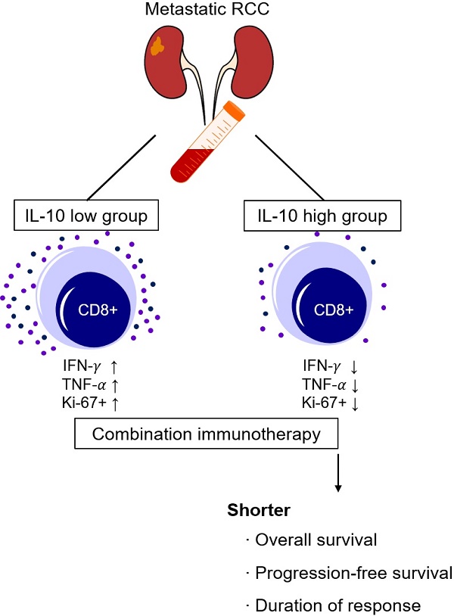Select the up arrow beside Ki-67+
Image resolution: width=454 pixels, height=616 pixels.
pos(115,403)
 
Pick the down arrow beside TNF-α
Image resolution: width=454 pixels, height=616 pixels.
pos(354,384)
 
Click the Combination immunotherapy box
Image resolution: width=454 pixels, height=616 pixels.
pos(205,434)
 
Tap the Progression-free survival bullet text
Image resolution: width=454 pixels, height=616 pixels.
pos(353,573)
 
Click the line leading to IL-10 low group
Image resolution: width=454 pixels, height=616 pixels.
pos(123,164)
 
